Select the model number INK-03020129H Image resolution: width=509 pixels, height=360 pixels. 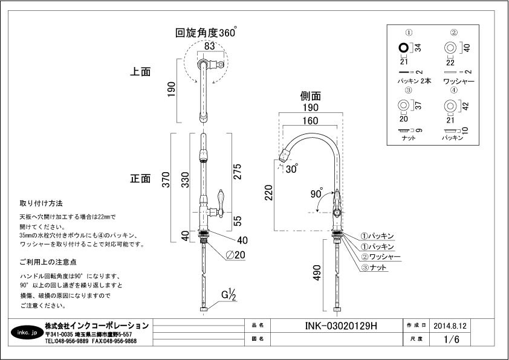click(x=338, y=326)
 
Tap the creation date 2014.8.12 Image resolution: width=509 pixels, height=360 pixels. click(x=450, y=326)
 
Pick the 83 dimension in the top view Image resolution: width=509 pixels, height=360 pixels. click(x=209, y=44)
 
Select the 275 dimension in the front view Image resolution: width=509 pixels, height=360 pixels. click(x=238, y=176)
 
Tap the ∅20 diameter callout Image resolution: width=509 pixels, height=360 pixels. click(x=236, y=256)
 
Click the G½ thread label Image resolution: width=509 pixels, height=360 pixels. click(x=228, y=295)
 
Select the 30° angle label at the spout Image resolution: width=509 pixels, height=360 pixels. click(x=293, y=169)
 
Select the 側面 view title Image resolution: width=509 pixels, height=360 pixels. click(x=310, y=96)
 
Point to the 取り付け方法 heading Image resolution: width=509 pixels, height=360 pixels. click(x=41, y=203)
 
